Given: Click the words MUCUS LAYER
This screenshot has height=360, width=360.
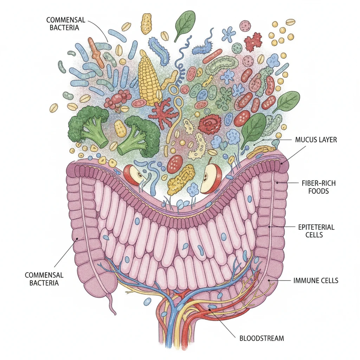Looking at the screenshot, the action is (x=316, y=140).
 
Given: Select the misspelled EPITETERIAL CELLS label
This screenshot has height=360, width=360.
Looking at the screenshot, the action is (x=316, y=231).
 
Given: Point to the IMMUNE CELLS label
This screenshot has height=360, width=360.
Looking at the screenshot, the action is (x=316, y=280).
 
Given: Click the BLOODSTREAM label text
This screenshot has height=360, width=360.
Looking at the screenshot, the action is (x=262, y=338).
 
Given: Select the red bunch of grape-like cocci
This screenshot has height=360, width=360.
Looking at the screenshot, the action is (x=117, y=98).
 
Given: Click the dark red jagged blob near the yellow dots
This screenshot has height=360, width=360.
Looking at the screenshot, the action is (x=253, y=41).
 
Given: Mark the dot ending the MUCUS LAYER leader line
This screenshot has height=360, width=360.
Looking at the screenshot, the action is (x=282, y=163).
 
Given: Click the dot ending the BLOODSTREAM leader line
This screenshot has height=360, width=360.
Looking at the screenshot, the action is (x=210, y=309).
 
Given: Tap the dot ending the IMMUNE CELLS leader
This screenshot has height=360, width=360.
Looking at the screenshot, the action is (x=269, y=280).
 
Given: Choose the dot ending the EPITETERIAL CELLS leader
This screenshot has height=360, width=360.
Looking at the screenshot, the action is (x=269, y=227).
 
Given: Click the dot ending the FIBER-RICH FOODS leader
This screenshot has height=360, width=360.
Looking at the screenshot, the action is (x=277, y=183).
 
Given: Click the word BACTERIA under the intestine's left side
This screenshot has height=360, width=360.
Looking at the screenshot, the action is (x=44, y=283).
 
